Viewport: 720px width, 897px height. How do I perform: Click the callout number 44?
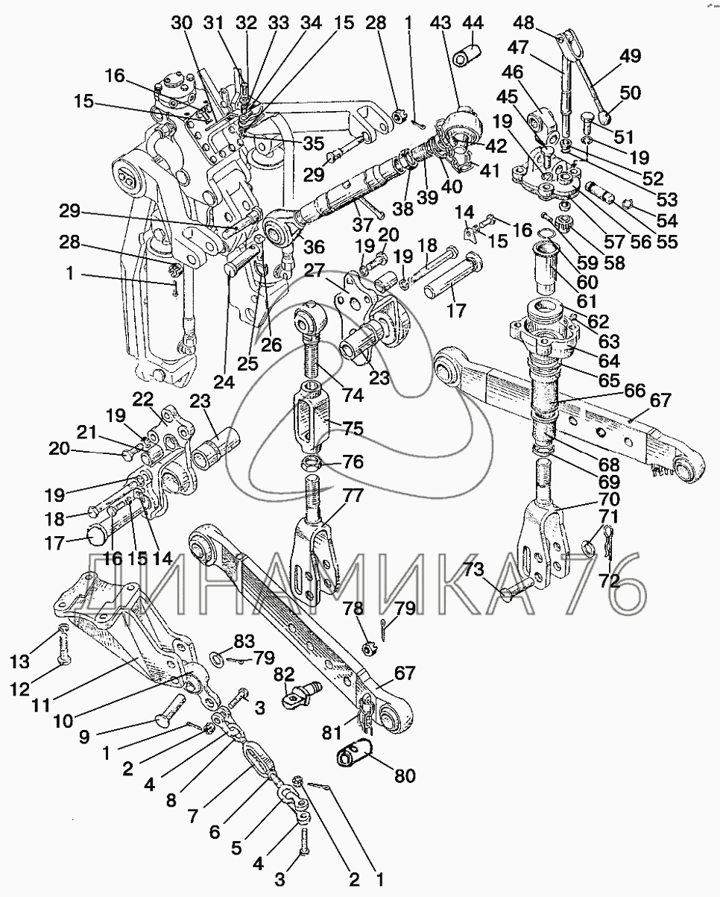point(473,22)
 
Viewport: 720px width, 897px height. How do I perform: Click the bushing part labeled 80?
point(354,752)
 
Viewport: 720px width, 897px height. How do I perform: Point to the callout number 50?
point(630,92)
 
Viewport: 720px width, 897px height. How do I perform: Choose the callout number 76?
point(353,462)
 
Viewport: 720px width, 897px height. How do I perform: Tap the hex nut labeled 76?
point(310,462)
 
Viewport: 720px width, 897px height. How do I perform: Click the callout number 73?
point(473,569)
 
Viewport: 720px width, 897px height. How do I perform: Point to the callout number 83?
point(244,641)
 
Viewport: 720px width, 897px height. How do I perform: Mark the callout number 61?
point(587,301)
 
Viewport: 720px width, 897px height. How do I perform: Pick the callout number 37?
point(362,225)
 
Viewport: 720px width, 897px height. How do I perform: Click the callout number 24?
point(224,382)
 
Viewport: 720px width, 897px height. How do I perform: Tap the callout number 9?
point(84,737)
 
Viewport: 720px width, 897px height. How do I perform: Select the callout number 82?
point(285,674)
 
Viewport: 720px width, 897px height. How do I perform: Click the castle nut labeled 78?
point(370,649)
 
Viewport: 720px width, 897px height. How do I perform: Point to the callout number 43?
point(440,22)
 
